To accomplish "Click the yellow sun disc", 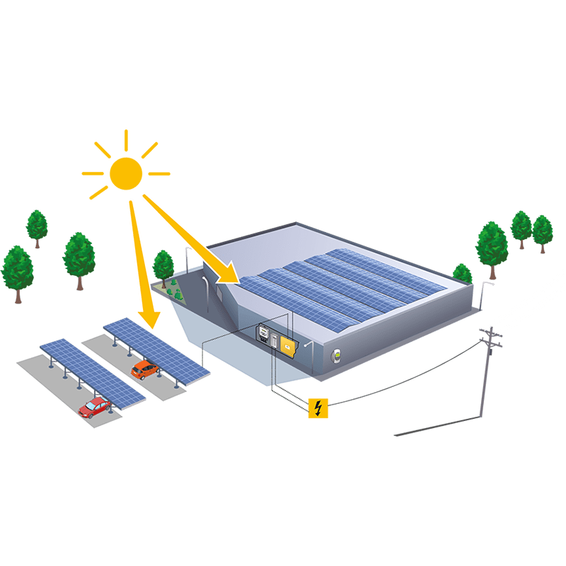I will tap(126, 173).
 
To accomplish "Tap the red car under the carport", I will tap(95, 406).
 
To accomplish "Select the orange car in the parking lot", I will tap(144, 369).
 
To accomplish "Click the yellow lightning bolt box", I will tap(318, 408).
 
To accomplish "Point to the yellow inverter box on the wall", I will tap(289, 345).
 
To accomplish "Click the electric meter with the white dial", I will tap(262, 334).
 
